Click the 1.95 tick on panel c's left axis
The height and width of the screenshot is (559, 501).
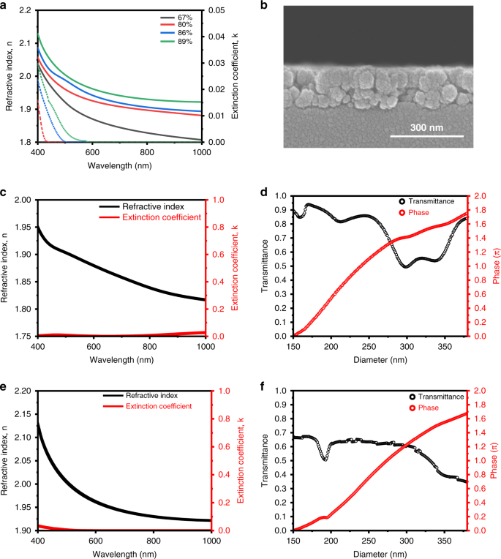pos(23,227)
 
